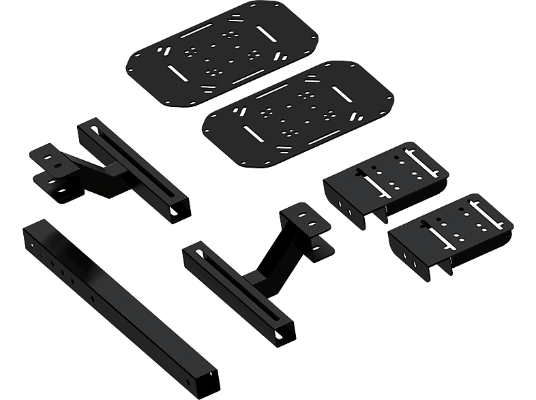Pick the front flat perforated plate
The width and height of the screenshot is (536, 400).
(300, 112)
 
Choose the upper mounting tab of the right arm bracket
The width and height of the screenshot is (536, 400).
(304, 219)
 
